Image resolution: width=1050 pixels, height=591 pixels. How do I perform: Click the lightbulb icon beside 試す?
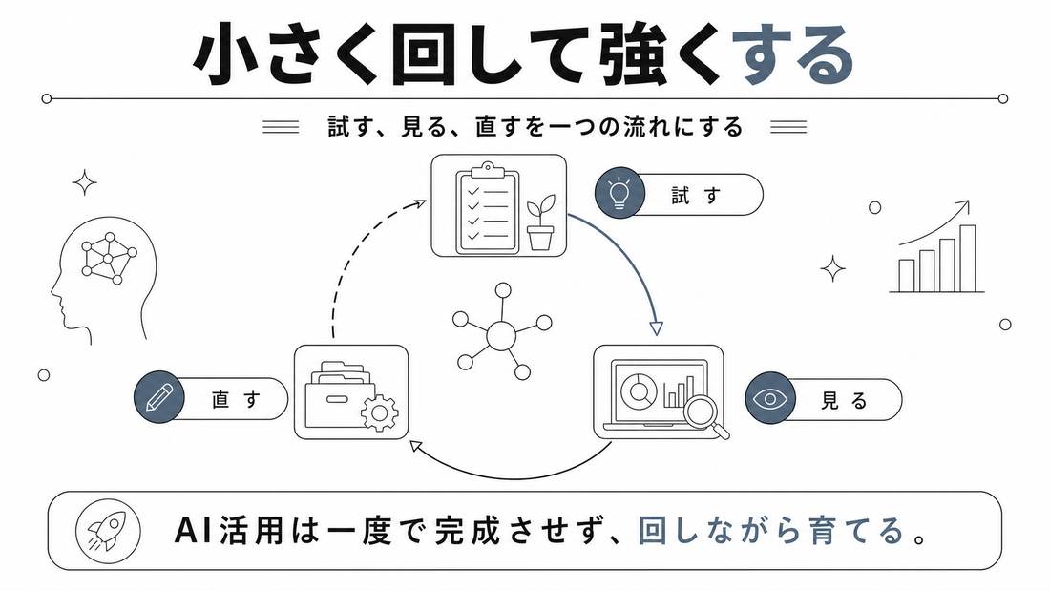click(620, 193)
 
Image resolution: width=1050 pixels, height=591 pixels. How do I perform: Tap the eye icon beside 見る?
click(770, 399)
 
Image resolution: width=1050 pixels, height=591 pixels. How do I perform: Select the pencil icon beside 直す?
click(158, 396)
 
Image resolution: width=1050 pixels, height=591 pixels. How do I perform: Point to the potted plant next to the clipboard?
click(540, 222)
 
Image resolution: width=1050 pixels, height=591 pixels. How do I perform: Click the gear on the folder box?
click(380, 412)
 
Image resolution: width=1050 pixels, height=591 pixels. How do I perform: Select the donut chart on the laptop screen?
click(639, 390)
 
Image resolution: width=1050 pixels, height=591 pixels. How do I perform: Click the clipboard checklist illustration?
click(487, 208)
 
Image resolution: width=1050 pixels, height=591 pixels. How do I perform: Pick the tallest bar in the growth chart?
click(968, 258)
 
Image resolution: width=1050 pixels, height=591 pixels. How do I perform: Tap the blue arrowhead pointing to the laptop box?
click(657, 327)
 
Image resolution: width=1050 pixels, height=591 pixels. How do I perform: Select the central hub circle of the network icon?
click(501, 335)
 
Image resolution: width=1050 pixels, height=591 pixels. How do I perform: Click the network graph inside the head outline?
click(108, 258)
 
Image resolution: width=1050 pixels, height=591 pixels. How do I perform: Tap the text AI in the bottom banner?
click(193, 531)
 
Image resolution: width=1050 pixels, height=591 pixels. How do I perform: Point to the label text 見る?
click(845, 401)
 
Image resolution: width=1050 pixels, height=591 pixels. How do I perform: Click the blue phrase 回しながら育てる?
click(772, 531)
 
